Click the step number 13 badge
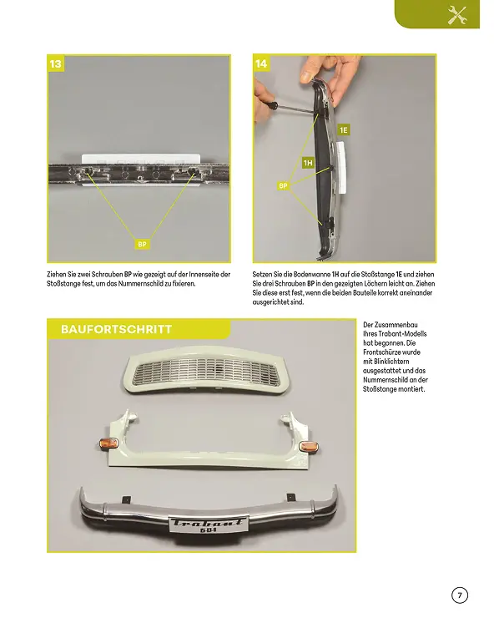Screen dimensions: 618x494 (55, 63)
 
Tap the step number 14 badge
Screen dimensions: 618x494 (261, 63)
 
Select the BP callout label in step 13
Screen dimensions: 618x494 (143, 244)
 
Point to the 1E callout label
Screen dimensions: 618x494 (343, 130)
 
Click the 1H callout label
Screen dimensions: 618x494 (308, 163)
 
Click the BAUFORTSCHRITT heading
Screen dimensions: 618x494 (117, 329)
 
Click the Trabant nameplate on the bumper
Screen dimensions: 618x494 (208, 523)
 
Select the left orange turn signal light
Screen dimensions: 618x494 (106, 441)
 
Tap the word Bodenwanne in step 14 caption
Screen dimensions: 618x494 (310, 274)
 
